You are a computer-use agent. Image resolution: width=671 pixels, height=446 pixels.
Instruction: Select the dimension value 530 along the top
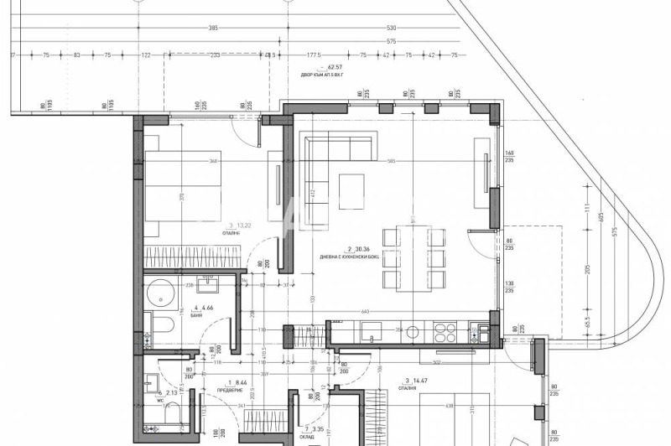[x=391, y=29]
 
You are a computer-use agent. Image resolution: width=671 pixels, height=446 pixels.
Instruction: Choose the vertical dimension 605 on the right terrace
[x=601, y=216]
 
